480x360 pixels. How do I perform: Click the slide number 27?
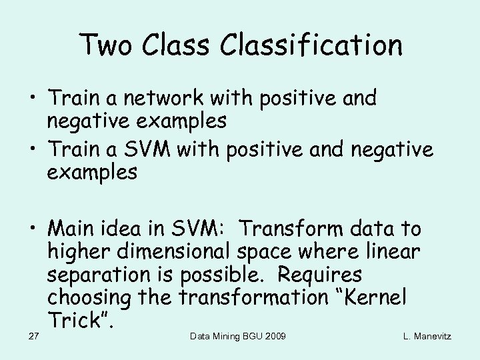click(x=33, y=336)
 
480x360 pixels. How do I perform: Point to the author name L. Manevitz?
click(x=427, y=336)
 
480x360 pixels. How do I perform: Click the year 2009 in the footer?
click(x=273, y=336)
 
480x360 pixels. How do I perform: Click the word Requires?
click(x=319, y=274)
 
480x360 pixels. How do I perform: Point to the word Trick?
click(x=77, y=321)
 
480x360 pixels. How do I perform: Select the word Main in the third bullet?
click(x=71, y=229)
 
